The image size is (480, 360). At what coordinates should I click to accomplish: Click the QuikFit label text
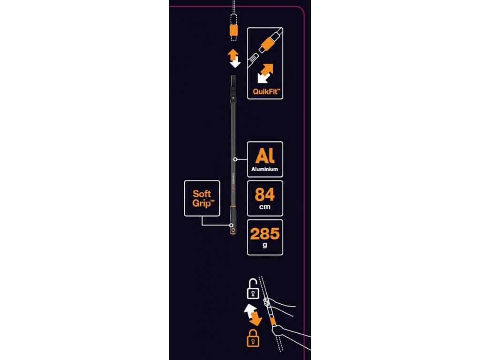pyautogui.click(x=265, y=91)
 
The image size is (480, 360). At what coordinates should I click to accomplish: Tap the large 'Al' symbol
pyautogui.click(x=265, y=156)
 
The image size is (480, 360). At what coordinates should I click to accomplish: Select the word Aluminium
pyautogui.click(x=265, y=169)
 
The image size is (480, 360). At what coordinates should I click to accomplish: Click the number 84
pyautogui.click(x=265, y=195)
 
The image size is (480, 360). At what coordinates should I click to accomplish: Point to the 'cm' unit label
pyautogui.click(x=265, y=207)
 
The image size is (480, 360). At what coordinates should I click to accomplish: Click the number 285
pyautogui.click(x=265, y=234)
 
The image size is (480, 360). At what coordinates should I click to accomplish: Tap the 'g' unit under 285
pyautogui.click(x=265, y=245)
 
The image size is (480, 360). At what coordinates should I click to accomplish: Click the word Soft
pyautogui.click(x=202, y=194)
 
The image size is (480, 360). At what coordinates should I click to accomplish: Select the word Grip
pyautogui.click(x=202, y=203)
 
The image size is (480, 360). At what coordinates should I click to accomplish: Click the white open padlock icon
pyautogui.click(x=253, y=289)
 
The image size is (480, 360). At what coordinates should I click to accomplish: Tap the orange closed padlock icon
pyautogui.click(x=253, y=338)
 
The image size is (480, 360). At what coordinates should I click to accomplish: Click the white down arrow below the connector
pyautogui.click(x=235, y=62)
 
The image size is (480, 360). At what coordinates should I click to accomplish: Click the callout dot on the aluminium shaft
pyautogui.click(x=235, y=159)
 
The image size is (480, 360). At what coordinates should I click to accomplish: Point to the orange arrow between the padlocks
pyautogui.click(x=255, y=319)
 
